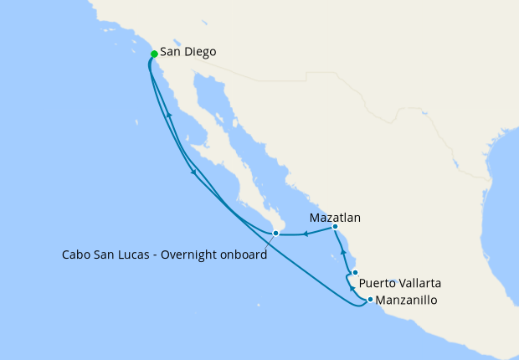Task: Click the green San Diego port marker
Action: pos(154,54)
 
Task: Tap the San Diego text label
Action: pos(188,52)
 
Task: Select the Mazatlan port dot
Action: pos(335,227)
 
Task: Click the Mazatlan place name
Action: pos(335,218)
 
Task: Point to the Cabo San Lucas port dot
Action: pos(275,234)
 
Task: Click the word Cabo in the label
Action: pos(77,255)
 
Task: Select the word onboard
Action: pos(246,255)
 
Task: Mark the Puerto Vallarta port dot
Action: pos(355,273)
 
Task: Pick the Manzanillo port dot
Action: pos(369,299)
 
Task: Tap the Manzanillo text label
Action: pos(406,300)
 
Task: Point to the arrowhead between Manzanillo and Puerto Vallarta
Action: pos(351,288)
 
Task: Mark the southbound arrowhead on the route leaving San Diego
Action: pos(194,172)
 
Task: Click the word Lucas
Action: pos(151,255)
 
